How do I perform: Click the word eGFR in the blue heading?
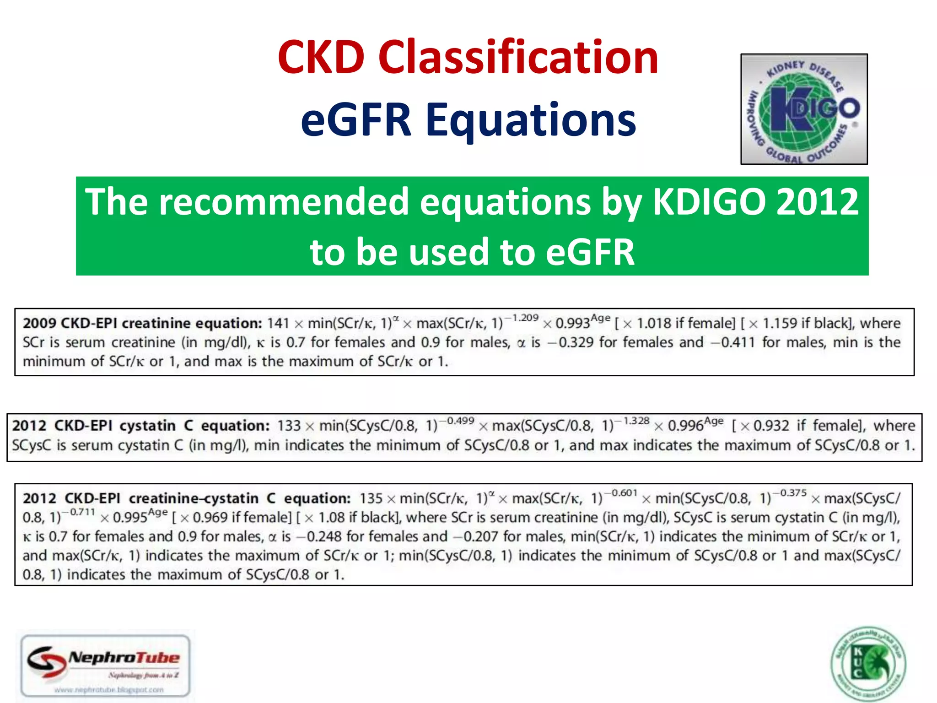[x=356, y=120]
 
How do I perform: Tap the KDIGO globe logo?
[x=804, y=109]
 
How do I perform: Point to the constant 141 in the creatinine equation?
[x=278, y=324]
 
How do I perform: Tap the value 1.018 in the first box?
[x=653, y=324]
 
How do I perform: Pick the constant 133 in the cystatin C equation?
[x=289, y=426]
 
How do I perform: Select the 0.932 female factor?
[x=771, y=426]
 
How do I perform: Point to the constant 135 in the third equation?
[x=371, y=498]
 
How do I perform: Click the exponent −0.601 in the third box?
[x=622, y=493]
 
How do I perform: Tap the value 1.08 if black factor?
[x=332, y=518]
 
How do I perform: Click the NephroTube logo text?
[x=124, y=658]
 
